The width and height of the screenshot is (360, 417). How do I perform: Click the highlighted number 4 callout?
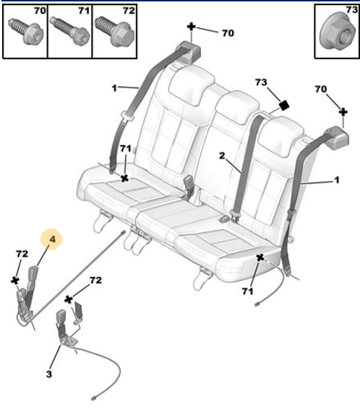point(53,239)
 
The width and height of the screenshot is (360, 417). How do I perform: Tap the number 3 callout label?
point(49,374)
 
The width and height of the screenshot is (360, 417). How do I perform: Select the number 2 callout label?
point(222,155)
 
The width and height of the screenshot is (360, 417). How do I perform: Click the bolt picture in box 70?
point(25,31)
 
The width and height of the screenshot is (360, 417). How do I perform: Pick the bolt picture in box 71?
point(70,30)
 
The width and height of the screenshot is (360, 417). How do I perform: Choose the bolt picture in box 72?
point(115,30)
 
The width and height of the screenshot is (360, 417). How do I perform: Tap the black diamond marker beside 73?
point(284,106)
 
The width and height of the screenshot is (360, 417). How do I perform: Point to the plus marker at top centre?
point(191,27)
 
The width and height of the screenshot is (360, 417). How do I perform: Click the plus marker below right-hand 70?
point(343,112)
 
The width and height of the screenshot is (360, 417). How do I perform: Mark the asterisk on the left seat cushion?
point(124,179)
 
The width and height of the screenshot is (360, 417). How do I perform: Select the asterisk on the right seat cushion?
point(260,258)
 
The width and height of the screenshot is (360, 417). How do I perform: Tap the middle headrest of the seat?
point(237,106)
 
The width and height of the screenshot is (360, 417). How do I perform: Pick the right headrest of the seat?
point(281,135)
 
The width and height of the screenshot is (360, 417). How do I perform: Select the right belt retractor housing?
point(337,137)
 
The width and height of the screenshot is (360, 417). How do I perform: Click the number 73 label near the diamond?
point(261,82)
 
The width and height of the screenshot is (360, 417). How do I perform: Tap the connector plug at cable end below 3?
point(94,398)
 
